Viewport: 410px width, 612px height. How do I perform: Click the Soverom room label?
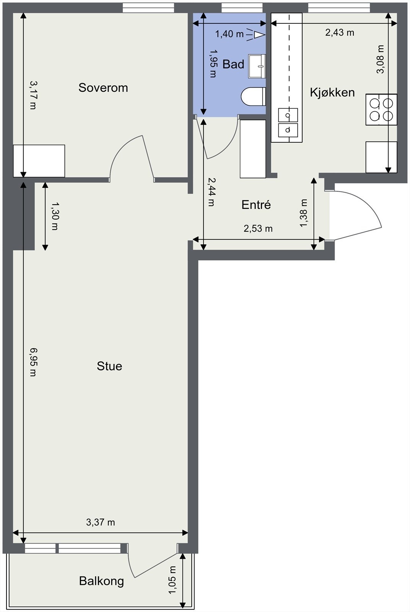pyautogui.click(x=103, y=88)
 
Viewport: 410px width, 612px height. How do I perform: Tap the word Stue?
pyautogui.click(x=109, y=366)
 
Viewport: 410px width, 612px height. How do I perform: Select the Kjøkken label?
pyautogui.click(x=332, y=92)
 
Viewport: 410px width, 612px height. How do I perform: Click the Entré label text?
pyautogui.click(x=256, y=205)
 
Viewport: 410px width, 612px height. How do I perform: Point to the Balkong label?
pyautogui.click(x=101, y=581)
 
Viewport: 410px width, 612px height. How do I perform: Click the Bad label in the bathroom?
pyautogui.click(x=233, y=64)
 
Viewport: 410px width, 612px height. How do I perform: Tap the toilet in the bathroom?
pyautogui.click(x=254, y=96)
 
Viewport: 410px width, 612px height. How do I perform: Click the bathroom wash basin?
pyautogui.click(x=257, y=66)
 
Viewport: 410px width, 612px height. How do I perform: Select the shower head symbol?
pyautogui.click(x=258, y=35)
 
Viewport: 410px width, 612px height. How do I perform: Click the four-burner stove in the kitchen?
pyautogui.click(x=381, y=109)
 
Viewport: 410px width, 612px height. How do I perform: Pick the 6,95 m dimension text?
pyautogui.click(x=33, y=362)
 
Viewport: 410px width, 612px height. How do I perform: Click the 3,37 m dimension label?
pyautogui.click(x=100, y=522)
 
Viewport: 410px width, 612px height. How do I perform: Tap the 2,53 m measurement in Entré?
pyautogui.click(x=258, y=229)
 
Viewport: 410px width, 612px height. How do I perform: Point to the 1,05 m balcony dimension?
pyautogui.click(x=172, y=580)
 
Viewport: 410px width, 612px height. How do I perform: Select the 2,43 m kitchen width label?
pyautogui.click(x=340, y=33)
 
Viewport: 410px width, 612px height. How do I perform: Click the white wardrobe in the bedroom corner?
pyautogui.click(x=39, y=161)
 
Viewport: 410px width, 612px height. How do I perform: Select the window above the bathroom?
pyautogui.click(x=242, y=8)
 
